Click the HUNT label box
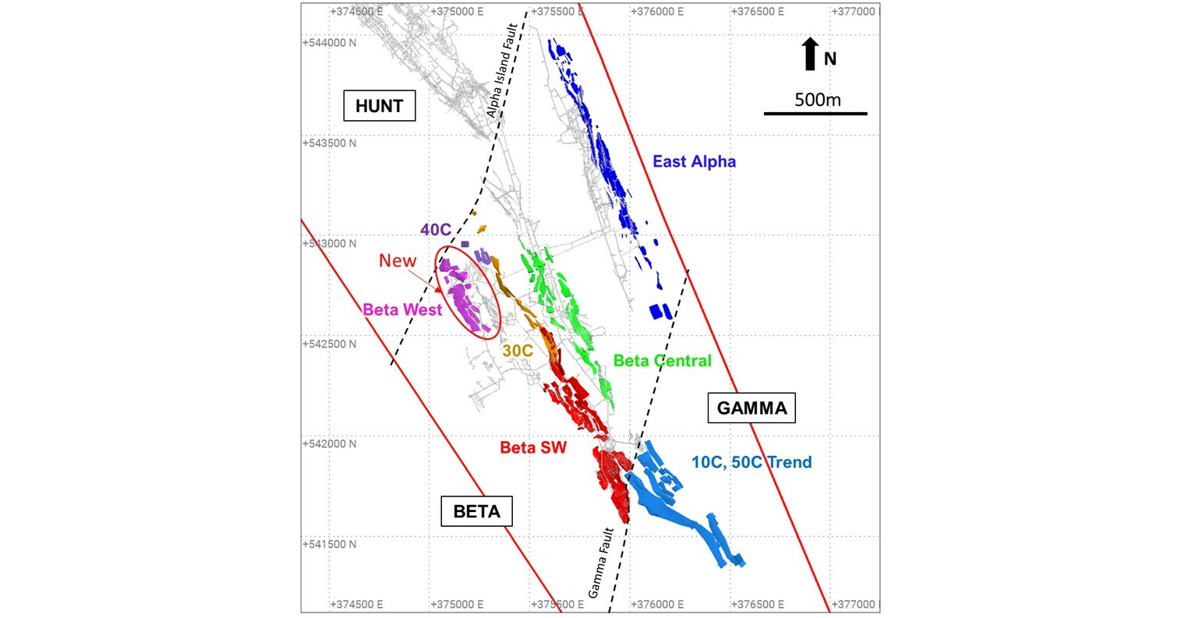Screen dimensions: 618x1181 (379, 106)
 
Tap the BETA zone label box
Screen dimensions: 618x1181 (476, 512)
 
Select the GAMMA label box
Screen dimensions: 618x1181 (751, 408)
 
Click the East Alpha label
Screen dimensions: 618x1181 (694, 162)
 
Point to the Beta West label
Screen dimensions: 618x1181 (402, 309)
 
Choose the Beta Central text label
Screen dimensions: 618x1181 (662, 361)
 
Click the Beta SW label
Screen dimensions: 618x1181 (532, 447)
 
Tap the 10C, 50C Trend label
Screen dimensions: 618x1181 (751, 462)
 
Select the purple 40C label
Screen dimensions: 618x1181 (437, 230)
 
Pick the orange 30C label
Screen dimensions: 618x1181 (517, 351)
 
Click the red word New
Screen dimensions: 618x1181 (398, 261)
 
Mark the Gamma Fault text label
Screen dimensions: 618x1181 (601, 563)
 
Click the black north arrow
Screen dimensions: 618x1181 (811, 55)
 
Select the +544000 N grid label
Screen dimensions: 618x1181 (329, 43)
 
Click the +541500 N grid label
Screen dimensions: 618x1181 (329, 544)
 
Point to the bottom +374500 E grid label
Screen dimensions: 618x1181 (356, 604)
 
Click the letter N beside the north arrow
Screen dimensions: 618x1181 (830, 59)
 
